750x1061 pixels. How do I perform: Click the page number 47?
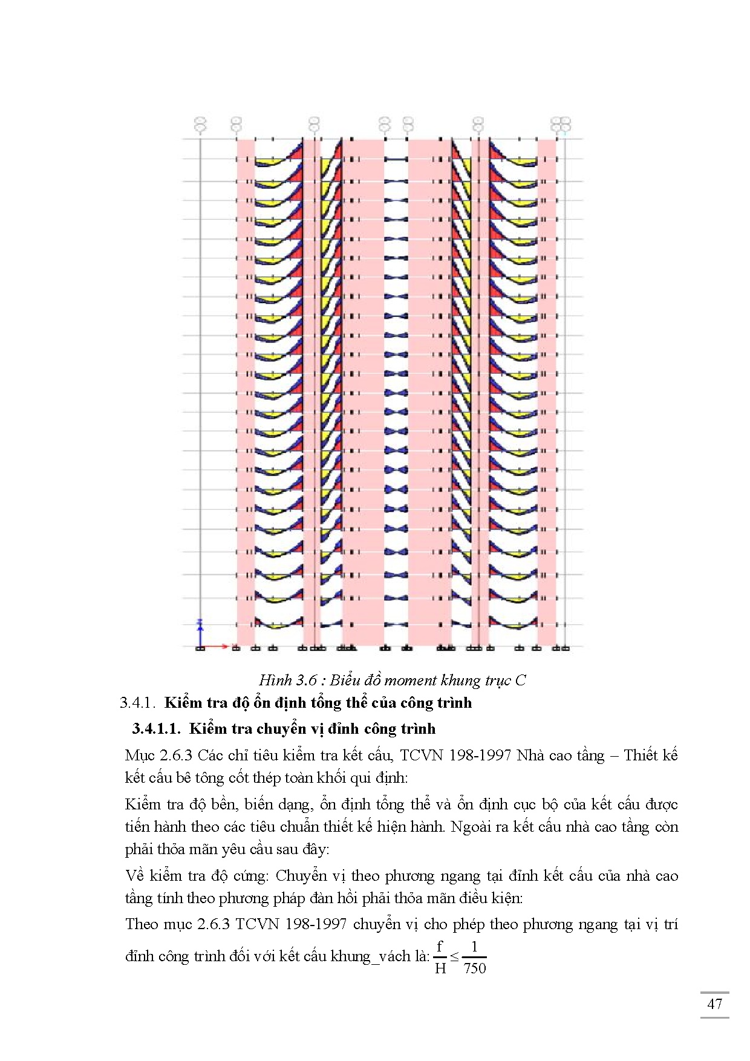pyautogui.click(x=714, y=1004)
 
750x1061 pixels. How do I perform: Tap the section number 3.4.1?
pyautogui.click(x=138, y=703)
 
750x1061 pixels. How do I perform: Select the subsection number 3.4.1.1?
pyautogui.click(x=156, y=729)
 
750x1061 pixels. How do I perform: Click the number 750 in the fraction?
pyautogui.click(x=474, y=968)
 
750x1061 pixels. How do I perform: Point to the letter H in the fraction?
pyautogui.click(x=440, y=968)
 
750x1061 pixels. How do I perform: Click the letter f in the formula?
pyautogui.click(x=440, y=947)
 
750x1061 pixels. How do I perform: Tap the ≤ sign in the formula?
pyautogui.click(x=454, y=958)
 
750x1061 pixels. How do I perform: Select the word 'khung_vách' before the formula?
pyautogui.click(x=371, y=956)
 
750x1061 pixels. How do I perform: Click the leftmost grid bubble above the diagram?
pyautogui.click(x=200, y=125)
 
